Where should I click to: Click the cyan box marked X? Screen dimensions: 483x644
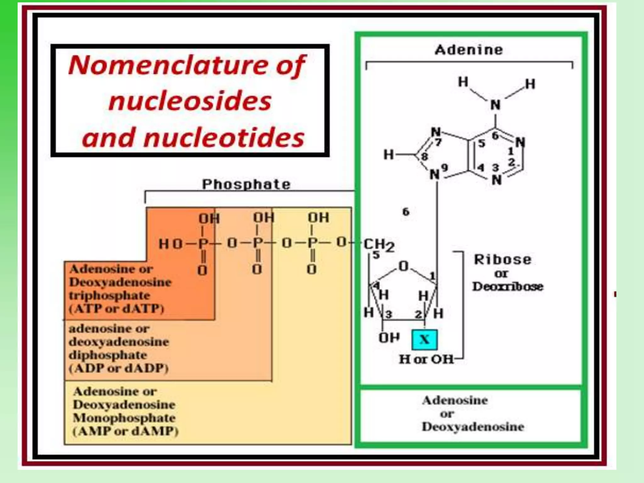[x=424, y=340]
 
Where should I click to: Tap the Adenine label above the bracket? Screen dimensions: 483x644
[x=469, y=50]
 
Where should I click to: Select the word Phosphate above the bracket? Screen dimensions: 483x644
[x=246, y=184]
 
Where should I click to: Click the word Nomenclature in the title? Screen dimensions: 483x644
[x=167, y=65]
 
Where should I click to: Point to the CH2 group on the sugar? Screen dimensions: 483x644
[x=379, y=245]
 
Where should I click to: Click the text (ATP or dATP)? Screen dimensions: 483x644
[x=117, y=309]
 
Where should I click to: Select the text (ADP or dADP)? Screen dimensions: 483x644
[x=119, y=368]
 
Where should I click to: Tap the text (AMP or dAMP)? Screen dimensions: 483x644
[x=125, y=431]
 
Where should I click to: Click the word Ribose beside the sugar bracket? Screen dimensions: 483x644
[x=502, y=260]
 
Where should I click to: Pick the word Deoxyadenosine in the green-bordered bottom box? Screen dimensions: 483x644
[x=473, y=427]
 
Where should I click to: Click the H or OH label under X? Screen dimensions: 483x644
[x=426, y=359]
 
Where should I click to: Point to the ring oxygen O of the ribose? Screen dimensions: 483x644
[x=403, y=266]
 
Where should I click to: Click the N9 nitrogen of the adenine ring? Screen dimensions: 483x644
[x=435, y=174]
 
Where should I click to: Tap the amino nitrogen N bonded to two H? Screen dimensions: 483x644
[x=495, y=105]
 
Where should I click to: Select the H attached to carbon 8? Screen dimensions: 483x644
[x=389, y=154]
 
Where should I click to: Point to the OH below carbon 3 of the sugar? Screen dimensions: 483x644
[x=389, y=338]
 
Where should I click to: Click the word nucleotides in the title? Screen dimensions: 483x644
[x=224, y=138]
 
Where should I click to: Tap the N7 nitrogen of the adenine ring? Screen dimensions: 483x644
[x=436, y=132]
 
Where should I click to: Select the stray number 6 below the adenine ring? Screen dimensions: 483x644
[x=406, y=212]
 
